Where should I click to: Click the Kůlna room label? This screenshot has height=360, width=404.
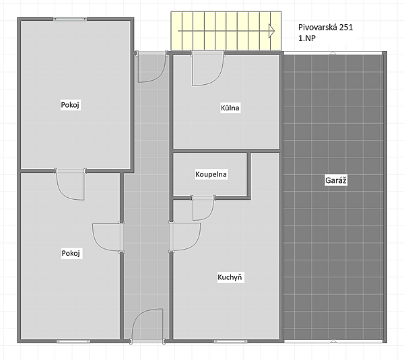(230, 108)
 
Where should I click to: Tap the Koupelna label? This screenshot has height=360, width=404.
(211, 174)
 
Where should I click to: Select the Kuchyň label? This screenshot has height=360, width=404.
(230, 277)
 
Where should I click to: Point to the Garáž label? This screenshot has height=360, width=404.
(336, 180)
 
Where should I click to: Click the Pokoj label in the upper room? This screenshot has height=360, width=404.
(70, 105)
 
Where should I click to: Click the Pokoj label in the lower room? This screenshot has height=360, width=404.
(71, 253)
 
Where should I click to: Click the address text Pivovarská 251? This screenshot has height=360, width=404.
(325, 28)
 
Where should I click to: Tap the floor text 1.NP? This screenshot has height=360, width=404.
(307, 38)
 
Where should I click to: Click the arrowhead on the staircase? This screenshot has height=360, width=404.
(271, 31)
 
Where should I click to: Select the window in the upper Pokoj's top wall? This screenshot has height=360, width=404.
(70, 19)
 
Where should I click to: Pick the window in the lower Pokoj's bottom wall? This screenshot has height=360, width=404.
(73, 341)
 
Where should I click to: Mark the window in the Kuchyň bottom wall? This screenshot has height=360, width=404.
(230, 341)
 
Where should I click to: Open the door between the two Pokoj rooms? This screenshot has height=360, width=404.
(70, 184)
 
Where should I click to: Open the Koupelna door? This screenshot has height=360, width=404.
(203, 207)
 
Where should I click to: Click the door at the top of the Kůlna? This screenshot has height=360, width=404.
(208, 68)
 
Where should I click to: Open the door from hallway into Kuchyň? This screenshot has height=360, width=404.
(184, 236)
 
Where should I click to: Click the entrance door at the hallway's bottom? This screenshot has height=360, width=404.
(147, 326)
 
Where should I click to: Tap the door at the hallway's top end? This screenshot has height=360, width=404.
(151, 67)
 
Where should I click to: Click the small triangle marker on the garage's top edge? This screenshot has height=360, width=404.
(333, 53)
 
